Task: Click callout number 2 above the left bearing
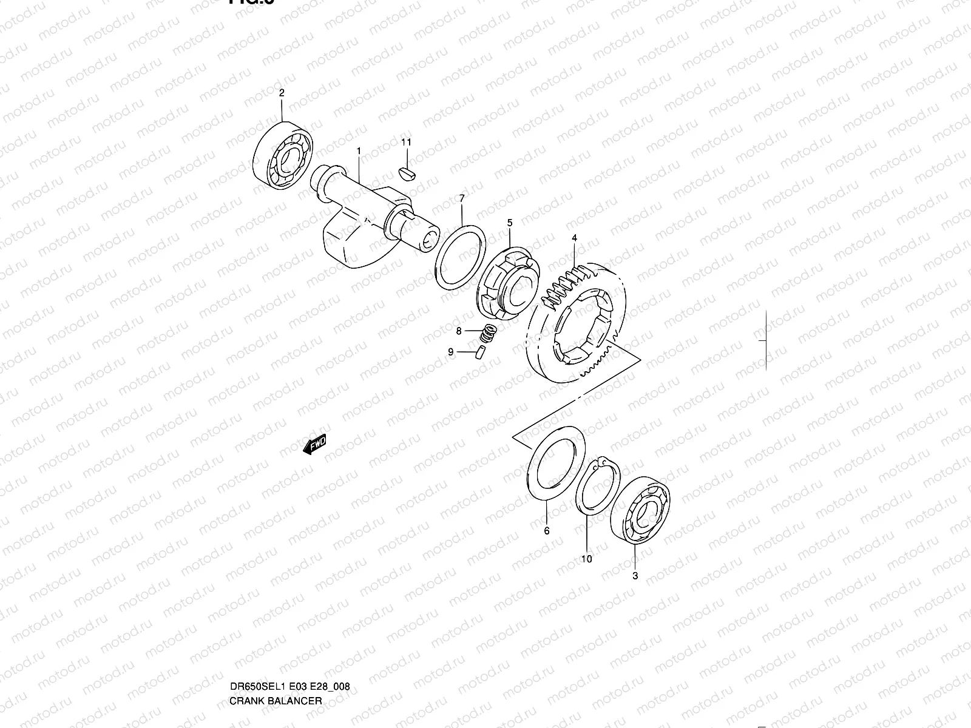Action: coord(282,93)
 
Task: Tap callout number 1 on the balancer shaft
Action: coord(359,150)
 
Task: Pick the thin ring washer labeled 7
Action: coord(461,258)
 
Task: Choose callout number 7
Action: coord(462,198)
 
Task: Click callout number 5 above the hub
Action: coord(510,223)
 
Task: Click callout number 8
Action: coord(459,331)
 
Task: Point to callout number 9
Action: coord(451,352)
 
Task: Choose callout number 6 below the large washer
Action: coord(546,531)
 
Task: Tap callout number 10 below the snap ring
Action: coord(587,559)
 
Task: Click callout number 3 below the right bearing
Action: coord(635,576)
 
